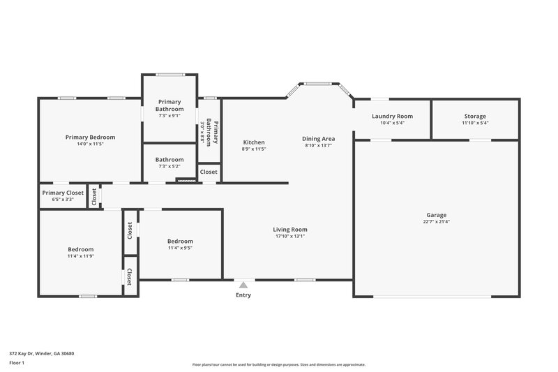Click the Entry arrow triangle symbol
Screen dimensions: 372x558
click(x=243, y=285)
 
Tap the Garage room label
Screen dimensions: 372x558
click(x=437, y=215)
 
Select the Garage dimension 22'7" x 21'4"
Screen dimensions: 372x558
click(x=437, y=222)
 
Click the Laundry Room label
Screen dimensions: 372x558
click(x=392, y=116)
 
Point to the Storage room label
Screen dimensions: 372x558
click(x=475, y=116)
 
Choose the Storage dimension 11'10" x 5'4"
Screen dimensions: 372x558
click(x=475, y=123)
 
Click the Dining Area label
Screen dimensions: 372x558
click(x=319, y=139)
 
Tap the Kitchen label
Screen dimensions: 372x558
click(x=254, y=142)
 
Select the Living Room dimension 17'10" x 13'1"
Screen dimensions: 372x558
click(x=290, y=236)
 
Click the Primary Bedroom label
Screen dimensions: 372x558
click(x=90, y=137)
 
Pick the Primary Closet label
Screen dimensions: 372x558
click(x=63, y=193)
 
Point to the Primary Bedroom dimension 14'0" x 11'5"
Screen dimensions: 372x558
click(x=90, y=144)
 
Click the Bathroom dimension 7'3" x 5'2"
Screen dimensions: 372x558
click(x=169, y=166)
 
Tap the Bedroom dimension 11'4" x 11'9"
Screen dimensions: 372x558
click(x=80, y=256)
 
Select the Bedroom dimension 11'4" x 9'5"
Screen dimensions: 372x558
click(x=180, y=247)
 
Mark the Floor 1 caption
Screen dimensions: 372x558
click(x=17, y=363)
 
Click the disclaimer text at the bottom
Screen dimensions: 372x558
click(x=278, y=364)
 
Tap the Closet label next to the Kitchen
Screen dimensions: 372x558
click(x=209, y=172)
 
